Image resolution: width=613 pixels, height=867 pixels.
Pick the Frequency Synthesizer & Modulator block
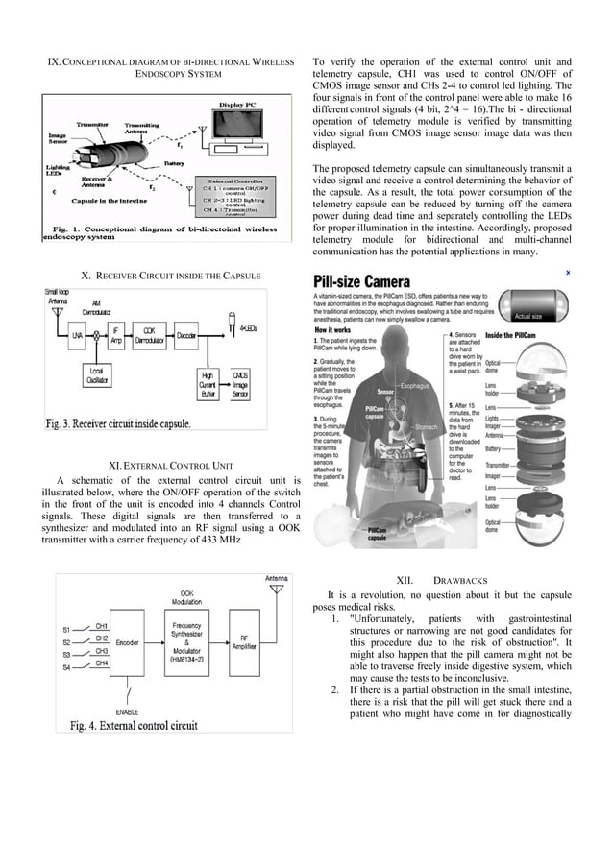coord(187,641)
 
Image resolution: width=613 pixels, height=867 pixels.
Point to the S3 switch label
coord(67,654)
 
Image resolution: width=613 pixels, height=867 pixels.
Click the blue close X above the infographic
coord(568,273)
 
